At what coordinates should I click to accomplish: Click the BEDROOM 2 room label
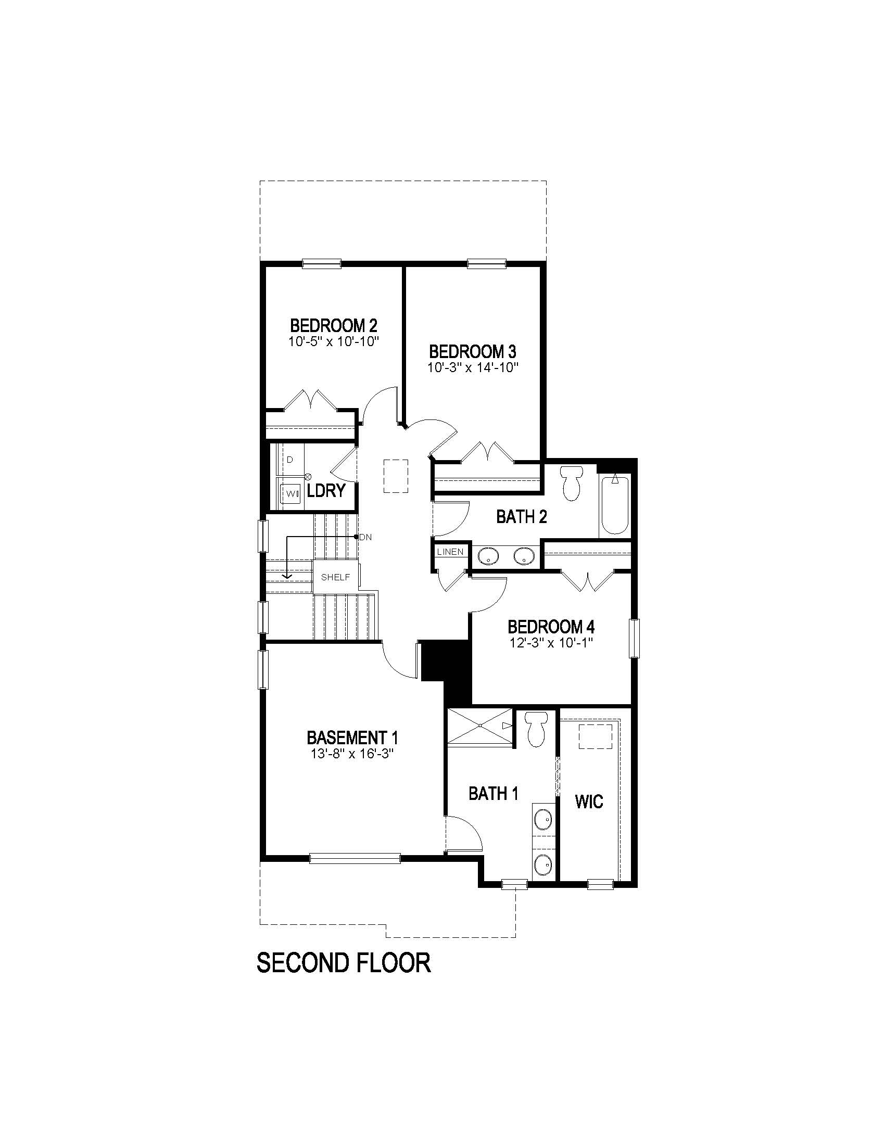pos(334,325)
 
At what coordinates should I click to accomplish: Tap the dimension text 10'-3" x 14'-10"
pos(472,367)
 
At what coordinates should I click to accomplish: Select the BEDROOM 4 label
pos(551,627)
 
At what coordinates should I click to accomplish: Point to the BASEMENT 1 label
pos(352,738)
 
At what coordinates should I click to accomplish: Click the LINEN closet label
pos(450,552)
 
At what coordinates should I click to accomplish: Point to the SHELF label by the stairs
pos(336,577)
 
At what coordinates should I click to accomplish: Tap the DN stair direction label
pos(365,537)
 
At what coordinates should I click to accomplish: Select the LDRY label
pos(326,491)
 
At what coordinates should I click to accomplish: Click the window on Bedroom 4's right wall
pos(635,638)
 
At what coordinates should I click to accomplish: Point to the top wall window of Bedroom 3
pos(487,264)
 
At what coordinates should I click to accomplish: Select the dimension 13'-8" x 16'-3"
pos(352,754)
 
